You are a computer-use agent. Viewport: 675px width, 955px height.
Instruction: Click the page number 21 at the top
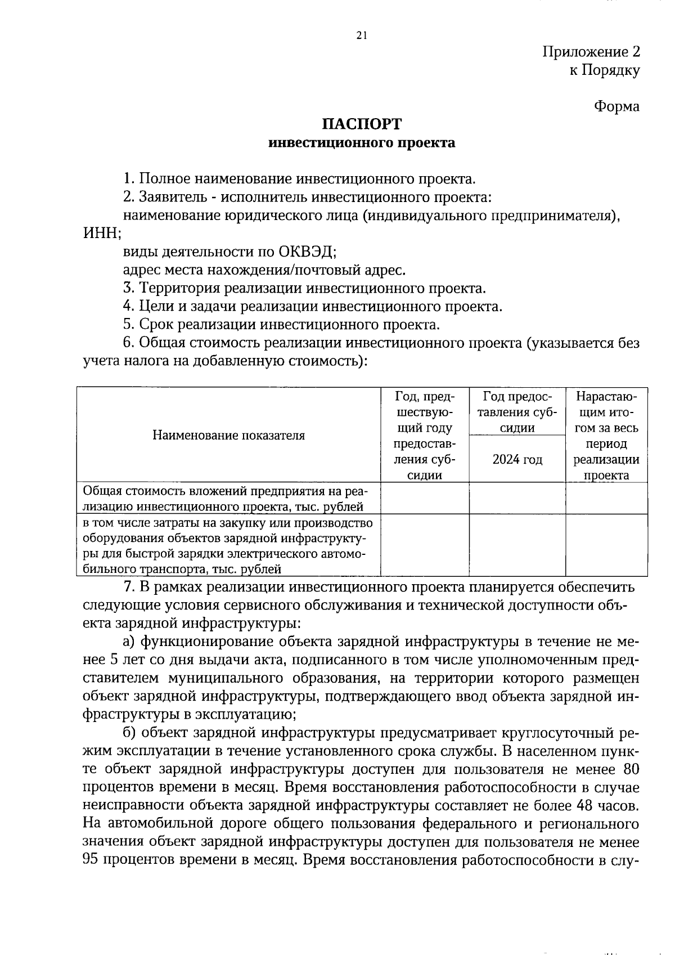pyautogui.click(x=362, y=35)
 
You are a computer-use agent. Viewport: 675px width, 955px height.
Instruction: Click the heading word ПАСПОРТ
pyautogui.click(x=362, y=124)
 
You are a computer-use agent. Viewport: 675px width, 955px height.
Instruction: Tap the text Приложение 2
pyautogui.click(x=591, y=52)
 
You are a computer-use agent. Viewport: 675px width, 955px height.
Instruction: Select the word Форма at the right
pyautogui.click(x=616, y=106)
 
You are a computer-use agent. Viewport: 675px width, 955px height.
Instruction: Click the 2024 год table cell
pyautogui.click(x=517, y=460)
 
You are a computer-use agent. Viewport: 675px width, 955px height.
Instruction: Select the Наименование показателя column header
pyautogui.click(x=228, y=435)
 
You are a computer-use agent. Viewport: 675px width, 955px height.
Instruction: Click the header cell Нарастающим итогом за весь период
pyautogui.click(x=606, y=435)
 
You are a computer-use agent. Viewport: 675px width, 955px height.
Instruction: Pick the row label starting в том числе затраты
pyautogui.click(x=225, y=546)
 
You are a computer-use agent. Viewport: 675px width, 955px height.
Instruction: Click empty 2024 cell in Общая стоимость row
pyautogui.click(x=517, y=499)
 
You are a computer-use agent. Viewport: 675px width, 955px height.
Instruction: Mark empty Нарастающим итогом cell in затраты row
pyautogui.click(x=606, y=546)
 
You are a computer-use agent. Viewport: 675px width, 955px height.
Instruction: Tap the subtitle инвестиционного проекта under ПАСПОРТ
pyautogui.click(x=362, y=143)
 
